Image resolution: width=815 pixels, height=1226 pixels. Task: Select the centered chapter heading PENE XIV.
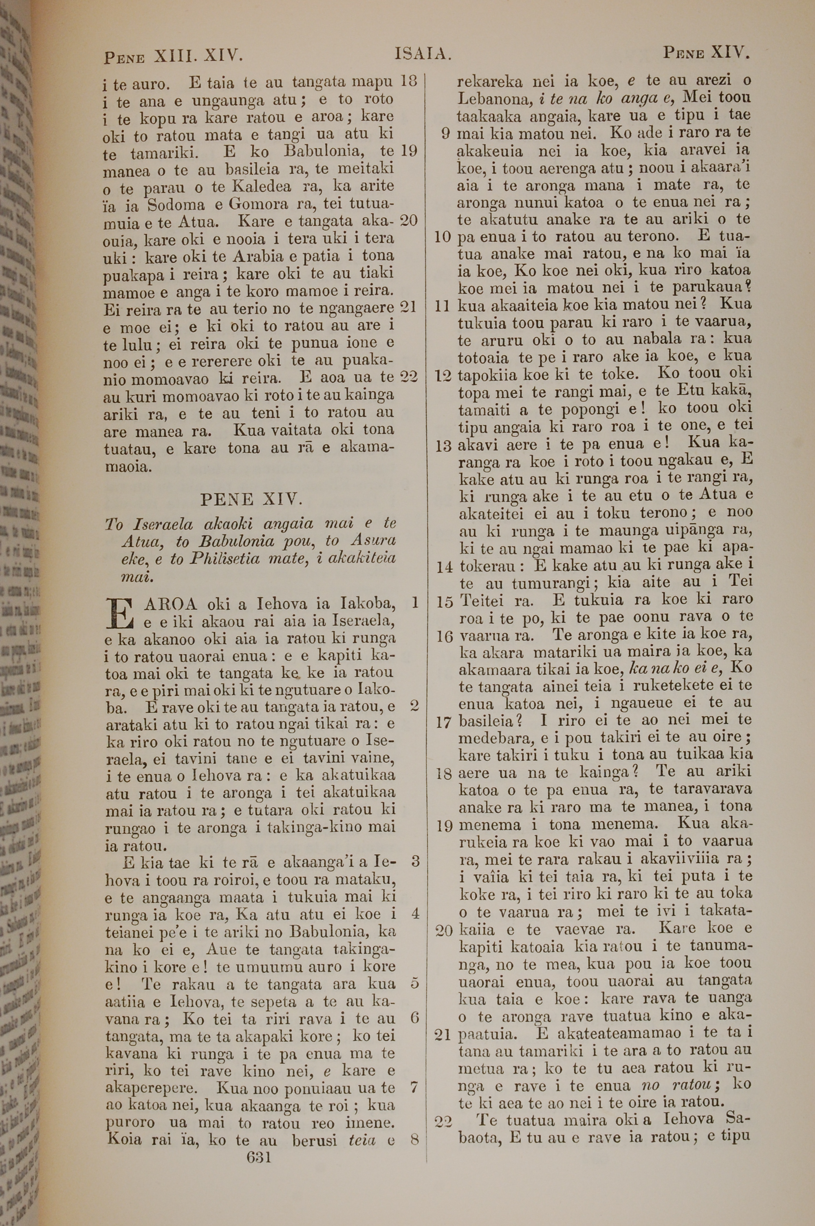pyautogui.click(x=251, y=500)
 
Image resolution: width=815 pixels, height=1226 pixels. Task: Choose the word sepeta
pyautogui.click(x=267, y=1001)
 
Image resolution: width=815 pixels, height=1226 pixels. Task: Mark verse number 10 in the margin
pyautogui.click(x=442, y=238)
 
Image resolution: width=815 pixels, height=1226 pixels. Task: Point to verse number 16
pyautogui.click(x=445, y=636)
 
